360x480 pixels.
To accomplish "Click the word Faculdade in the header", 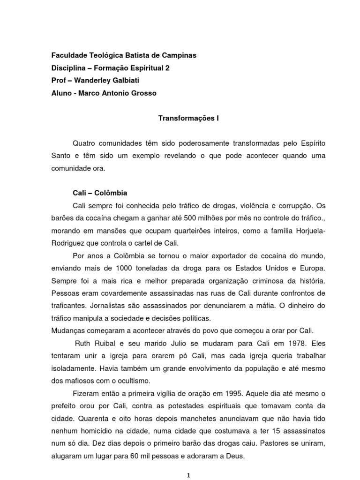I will point(68,55).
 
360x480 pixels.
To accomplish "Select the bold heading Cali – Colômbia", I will point(100,193).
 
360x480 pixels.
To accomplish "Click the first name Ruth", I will point(83,343).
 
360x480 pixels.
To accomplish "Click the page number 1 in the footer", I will point(187,475).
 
